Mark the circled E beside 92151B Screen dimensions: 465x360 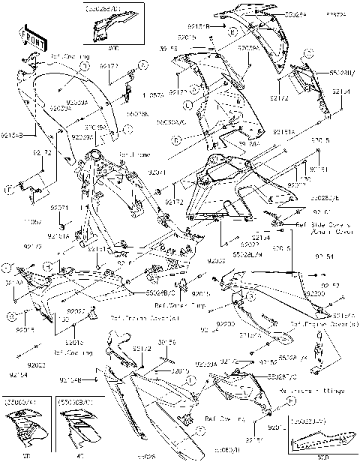[234, 32]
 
